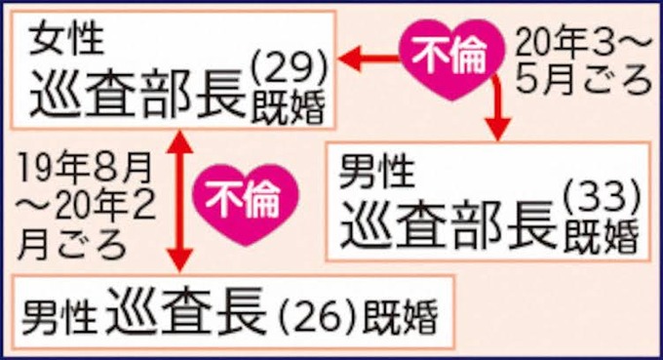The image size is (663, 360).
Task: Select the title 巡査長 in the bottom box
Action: point(189,313)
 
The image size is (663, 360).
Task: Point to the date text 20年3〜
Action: point(583,42)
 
